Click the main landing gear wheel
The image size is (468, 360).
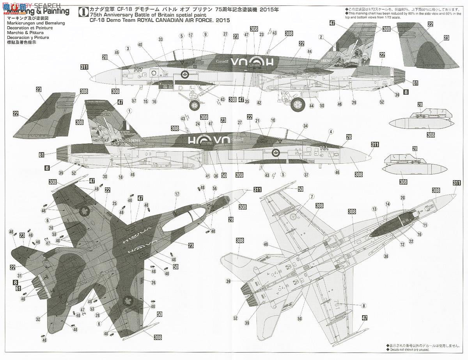point(287,104)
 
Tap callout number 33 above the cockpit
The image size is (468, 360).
point(160,39)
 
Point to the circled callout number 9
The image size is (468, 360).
point(205,35)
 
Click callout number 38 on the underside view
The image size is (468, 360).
point(386,256)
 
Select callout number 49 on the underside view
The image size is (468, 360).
point(266,244)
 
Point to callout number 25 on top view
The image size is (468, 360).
point(115,203)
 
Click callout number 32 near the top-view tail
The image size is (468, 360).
point(37,319)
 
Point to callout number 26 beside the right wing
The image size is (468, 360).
point(153,282)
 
